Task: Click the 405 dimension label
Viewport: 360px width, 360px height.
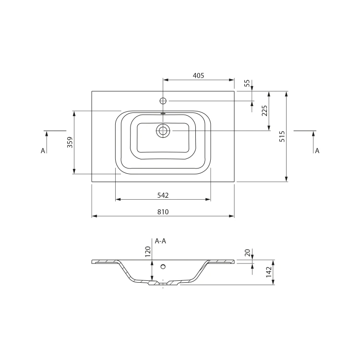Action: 198,75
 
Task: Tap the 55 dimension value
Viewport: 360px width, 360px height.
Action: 247,83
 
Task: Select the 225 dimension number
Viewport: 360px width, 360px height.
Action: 264,111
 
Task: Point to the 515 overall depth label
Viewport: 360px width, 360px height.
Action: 282,136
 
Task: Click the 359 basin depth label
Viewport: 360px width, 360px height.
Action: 70,143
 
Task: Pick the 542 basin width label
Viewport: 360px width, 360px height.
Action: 163,195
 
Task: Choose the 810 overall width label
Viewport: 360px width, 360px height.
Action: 163,212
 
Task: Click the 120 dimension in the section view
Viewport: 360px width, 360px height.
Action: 148,252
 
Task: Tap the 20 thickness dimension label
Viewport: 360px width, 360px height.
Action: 247,253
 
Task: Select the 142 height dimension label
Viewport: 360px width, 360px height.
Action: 269,272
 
